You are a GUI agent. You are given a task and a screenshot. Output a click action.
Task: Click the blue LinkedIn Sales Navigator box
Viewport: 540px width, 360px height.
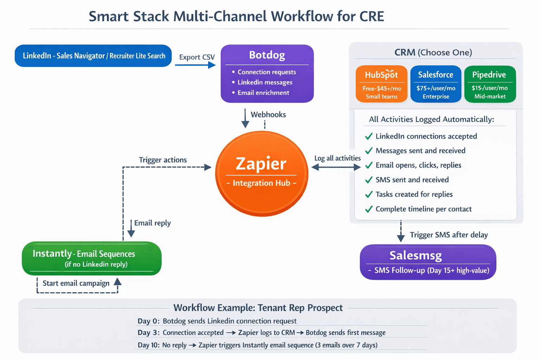pyautogui.click(x=93, y=56)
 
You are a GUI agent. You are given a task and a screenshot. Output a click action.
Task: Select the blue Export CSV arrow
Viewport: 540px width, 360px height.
pyautogui.click(x=195, y=65)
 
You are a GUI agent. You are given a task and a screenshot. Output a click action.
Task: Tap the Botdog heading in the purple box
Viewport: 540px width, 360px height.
pyautogui.click(x=267, y=55)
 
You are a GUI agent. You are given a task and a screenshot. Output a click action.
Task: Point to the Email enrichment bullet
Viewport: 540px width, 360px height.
pyautogui.click(x=263, y=93)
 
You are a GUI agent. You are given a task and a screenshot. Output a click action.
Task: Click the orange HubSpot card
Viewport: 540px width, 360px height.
pyautogui.click(x=381, y=84)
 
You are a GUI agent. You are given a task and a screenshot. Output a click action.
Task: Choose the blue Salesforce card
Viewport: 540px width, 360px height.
pyautogui.click(x=436, y=84)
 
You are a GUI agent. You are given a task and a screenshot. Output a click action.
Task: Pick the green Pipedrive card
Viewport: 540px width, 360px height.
pyautogui.click(x=490, y=84)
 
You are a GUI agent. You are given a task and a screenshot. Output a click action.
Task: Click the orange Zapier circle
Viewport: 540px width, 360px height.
pyautogui.click(x=262, y=173)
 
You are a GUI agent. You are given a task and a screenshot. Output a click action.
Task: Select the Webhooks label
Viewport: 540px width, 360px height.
pyautogui.click(x=268, y=115)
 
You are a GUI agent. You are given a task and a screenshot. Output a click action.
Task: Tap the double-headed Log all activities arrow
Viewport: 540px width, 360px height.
pyautogui.click(x=336, y=167)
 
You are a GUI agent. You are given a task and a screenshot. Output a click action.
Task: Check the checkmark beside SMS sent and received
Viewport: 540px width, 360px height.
pyautogui.click(x=369, y=180)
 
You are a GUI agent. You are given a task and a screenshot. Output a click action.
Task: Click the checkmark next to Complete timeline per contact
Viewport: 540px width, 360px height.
pyautogui.click(x=369, y=209)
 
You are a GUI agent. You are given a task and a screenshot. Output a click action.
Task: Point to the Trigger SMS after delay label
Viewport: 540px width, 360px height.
pyautogui.click(x=449, y=235)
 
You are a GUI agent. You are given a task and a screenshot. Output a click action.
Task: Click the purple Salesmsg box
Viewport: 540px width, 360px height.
pyautogui.click(x=428, y=262)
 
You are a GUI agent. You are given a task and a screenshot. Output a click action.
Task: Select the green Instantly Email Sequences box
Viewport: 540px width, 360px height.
pyautogui.click(x=91, y=258)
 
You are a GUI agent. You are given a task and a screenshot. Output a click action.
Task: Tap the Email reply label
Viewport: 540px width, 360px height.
pyautogui.click(x=152, y=223)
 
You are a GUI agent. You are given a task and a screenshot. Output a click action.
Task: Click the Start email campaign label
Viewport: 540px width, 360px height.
pyautogui.click(x=76, y=283)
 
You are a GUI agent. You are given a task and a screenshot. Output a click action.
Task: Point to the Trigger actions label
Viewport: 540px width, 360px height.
pyautogui.click(x=163, y=160)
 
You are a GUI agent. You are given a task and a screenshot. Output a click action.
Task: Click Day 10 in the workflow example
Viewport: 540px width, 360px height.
pyautogui.click(x=148, y=345)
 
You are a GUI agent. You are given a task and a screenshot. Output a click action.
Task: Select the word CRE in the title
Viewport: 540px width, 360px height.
pyautogui.click(x=372, y=17)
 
